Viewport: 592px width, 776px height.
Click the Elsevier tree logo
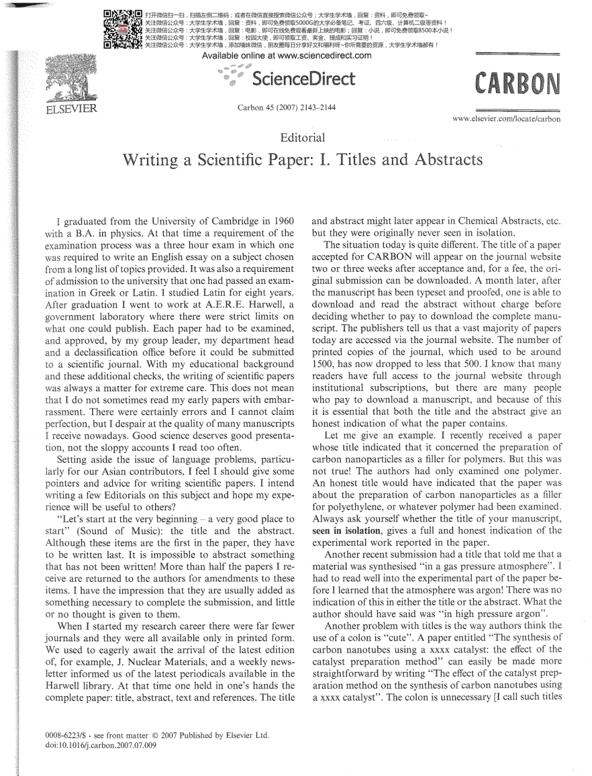68,82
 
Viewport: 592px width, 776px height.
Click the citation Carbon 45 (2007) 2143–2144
287,108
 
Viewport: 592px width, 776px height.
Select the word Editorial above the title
303,137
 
